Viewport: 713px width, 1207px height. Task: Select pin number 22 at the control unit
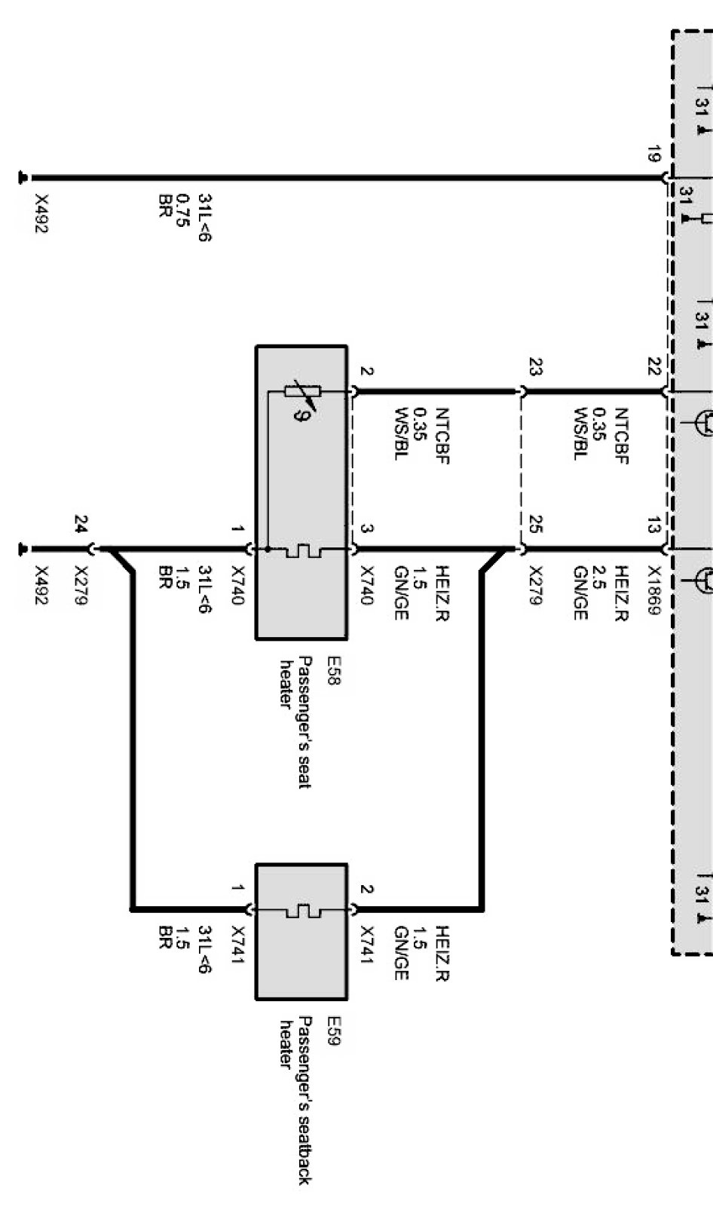[653, 367]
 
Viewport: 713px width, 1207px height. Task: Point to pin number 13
[653, 525]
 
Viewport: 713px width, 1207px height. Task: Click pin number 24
[81, 524]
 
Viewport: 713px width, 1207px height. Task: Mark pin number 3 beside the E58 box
[366, 528]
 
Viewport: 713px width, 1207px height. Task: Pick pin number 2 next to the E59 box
[366, 890]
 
